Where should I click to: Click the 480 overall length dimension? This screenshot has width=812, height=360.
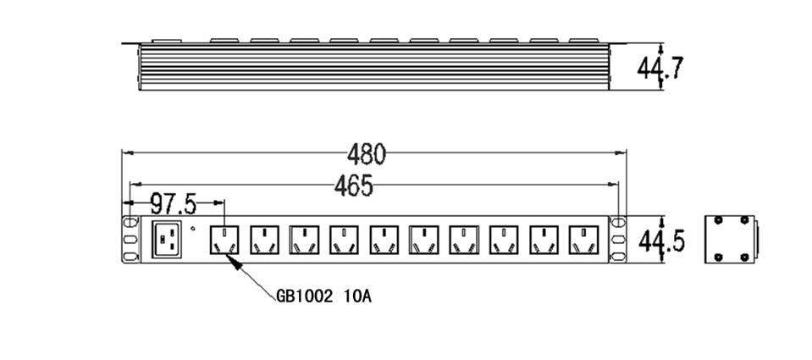(x=366, y=154)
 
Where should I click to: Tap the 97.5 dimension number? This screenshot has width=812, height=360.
(x=173, y=204)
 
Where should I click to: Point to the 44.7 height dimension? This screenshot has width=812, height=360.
(x=660, y=67)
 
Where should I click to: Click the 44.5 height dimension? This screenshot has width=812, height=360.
(x=660, y=241)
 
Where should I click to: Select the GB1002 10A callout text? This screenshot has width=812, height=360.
(x=324, y=296)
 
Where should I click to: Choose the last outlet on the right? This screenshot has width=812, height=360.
(x=583, y=240)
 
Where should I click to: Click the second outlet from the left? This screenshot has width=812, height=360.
(x=263, y=240)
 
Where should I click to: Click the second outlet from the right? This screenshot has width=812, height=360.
(x=544, y=240)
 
